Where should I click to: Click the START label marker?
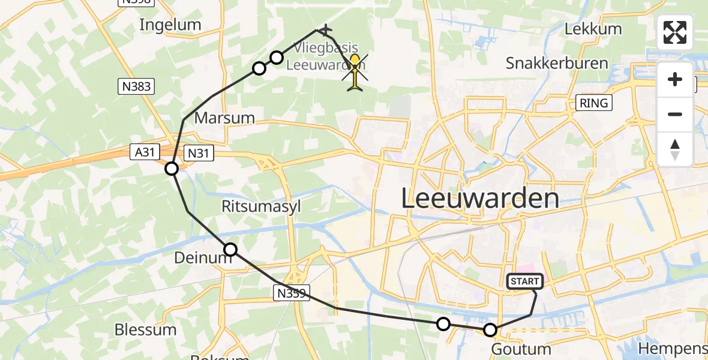[x=526, y=281]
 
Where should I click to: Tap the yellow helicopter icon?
[x=355, y=72]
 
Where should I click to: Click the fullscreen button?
[x=675, y=32]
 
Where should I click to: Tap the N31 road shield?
[x=199, y=153]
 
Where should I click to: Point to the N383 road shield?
[x=135, y=86]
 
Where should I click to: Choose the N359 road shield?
[x=292, y=293]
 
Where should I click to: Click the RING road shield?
[x=593, y=103]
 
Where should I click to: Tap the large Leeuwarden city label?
[x=479, y=198]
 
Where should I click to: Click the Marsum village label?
[x=225, y=118]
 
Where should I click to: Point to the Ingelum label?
[x=170, y=25]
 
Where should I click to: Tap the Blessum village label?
[x=145, y=329]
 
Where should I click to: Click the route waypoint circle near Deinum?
[x=230, y=250]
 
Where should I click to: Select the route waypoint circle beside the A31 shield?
[x=172, y=169]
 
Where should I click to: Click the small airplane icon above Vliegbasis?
[x=325, y=29]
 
